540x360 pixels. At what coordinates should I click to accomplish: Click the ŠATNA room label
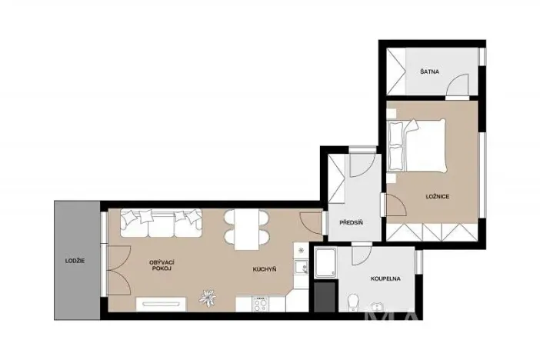[429, 72]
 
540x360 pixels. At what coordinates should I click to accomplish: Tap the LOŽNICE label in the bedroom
[437, 197]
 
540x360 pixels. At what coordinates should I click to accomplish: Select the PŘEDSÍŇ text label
[351, 223]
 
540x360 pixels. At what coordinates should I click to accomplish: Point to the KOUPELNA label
[385, 280]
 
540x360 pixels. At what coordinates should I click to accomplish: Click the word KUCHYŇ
[265, 269]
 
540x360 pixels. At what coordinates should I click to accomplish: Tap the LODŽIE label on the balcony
[75, 261]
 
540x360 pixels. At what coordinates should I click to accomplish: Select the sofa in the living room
[161, 224]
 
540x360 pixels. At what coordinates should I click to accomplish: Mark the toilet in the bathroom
[352, 302]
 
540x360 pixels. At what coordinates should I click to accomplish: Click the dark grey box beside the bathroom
[324, 297]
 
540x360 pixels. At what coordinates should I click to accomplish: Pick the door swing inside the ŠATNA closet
[459, 82]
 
